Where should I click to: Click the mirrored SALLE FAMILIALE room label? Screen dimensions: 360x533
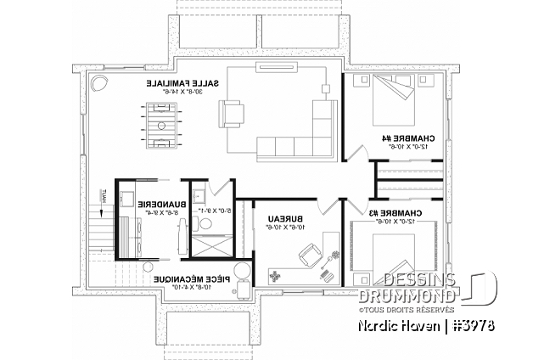point(184,84)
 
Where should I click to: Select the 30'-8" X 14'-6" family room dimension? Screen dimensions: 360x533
point(184,93)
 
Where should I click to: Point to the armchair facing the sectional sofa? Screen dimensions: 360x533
point(233,112)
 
